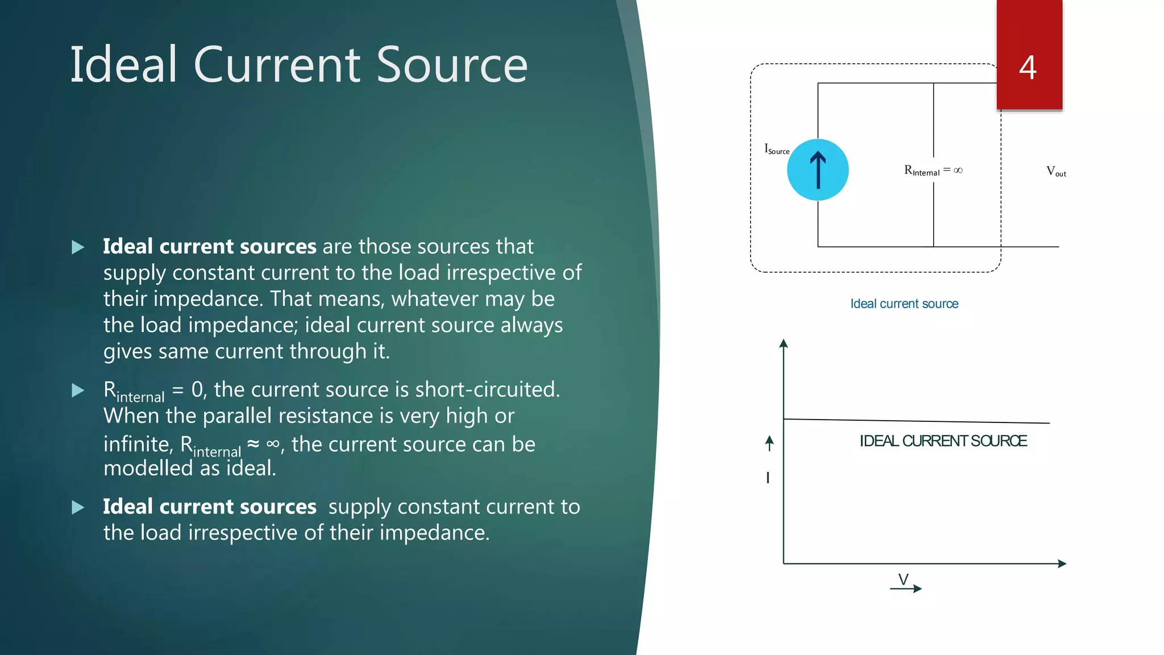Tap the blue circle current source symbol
817,169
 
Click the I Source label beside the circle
776,150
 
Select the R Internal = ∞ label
933,171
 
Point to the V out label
1056,172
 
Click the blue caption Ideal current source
904,304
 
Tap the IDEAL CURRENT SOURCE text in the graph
943,441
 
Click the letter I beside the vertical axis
768,478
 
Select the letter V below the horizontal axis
903,578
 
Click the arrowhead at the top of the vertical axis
783,343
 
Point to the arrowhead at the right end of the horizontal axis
1062,563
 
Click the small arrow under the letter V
906,589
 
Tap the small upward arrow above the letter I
769,442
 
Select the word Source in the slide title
452,65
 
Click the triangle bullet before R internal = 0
78,391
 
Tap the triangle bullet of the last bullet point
78,507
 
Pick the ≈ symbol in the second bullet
253,443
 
